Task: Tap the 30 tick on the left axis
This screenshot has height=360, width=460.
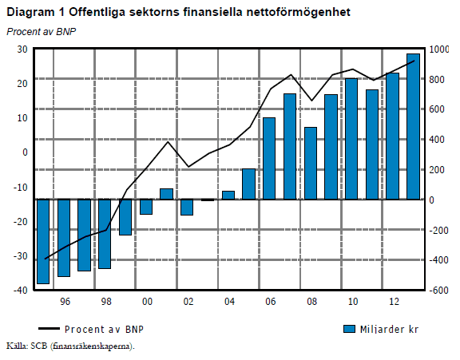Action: (x=22, y=49)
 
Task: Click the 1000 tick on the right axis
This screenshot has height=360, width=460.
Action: (x=441, y=49)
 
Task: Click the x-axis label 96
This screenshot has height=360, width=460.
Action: (x=64, y=303)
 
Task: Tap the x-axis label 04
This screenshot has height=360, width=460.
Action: (x=228, y=303)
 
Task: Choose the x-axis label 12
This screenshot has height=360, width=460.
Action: (x=393, y=303)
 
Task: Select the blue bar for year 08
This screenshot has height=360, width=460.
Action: (x=311, y=163)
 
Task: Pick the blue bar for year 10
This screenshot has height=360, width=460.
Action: (x=351, y=139)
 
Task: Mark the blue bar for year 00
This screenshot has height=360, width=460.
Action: (x=146, y=207)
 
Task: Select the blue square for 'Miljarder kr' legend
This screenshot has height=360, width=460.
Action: (x=349, y=329)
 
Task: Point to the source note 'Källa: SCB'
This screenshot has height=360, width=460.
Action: (x=70, y=346)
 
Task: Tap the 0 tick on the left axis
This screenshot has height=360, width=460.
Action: (x=26, y=152)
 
